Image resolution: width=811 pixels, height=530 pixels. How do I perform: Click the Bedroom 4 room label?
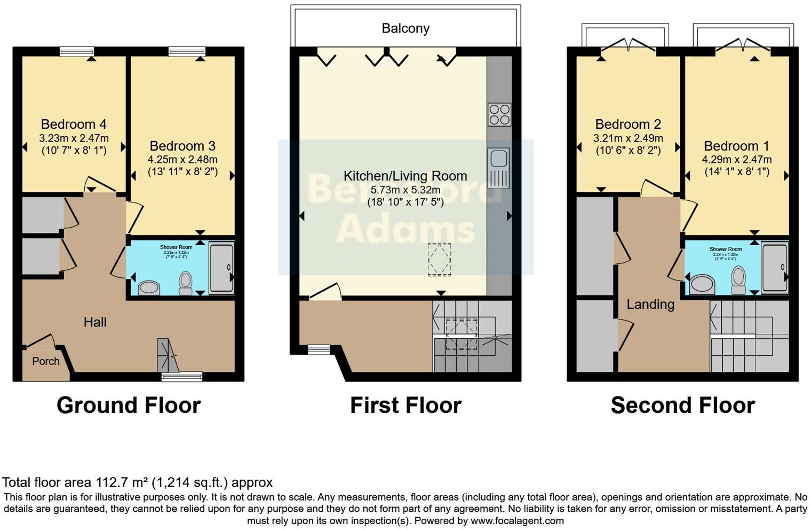click(74, 124)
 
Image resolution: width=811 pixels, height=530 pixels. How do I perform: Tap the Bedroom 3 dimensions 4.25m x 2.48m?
click(182, 159)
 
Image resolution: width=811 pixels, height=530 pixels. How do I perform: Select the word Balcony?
click(405, 28)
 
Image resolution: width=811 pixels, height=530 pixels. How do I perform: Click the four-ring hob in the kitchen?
click(499, 114)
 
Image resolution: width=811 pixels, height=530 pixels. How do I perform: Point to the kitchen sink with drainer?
click(499, 168)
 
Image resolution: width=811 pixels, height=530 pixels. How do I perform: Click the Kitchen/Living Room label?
click(405, 176)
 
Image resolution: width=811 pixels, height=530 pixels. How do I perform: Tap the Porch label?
click(46, 361)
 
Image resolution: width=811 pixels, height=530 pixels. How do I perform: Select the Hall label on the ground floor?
click(95, 322)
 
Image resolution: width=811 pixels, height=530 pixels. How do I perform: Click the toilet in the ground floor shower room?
click(186, 283)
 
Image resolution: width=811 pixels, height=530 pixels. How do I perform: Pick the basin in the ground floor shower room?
click(149, 289)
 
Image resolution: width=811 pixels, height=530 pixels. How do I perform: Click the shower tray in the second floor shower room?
click(774, 268)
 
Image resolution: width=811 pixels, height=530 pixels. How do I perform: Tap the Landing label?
click(650, 305)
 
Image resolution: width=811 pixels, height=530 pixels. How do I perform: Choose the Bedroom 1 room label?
click(736, 146)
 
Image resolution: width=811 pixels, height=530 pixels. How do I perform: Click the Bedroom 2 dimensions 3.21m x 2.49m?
click(628, 138)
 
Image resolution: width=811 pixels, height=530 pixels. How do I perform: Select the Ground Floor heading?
click(129, 406)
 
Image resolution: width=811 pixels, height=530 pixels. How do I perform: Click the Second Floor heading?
click(682, 406)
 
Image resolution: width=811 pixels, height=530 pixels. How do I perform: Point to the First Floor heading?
click(405, 406)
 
